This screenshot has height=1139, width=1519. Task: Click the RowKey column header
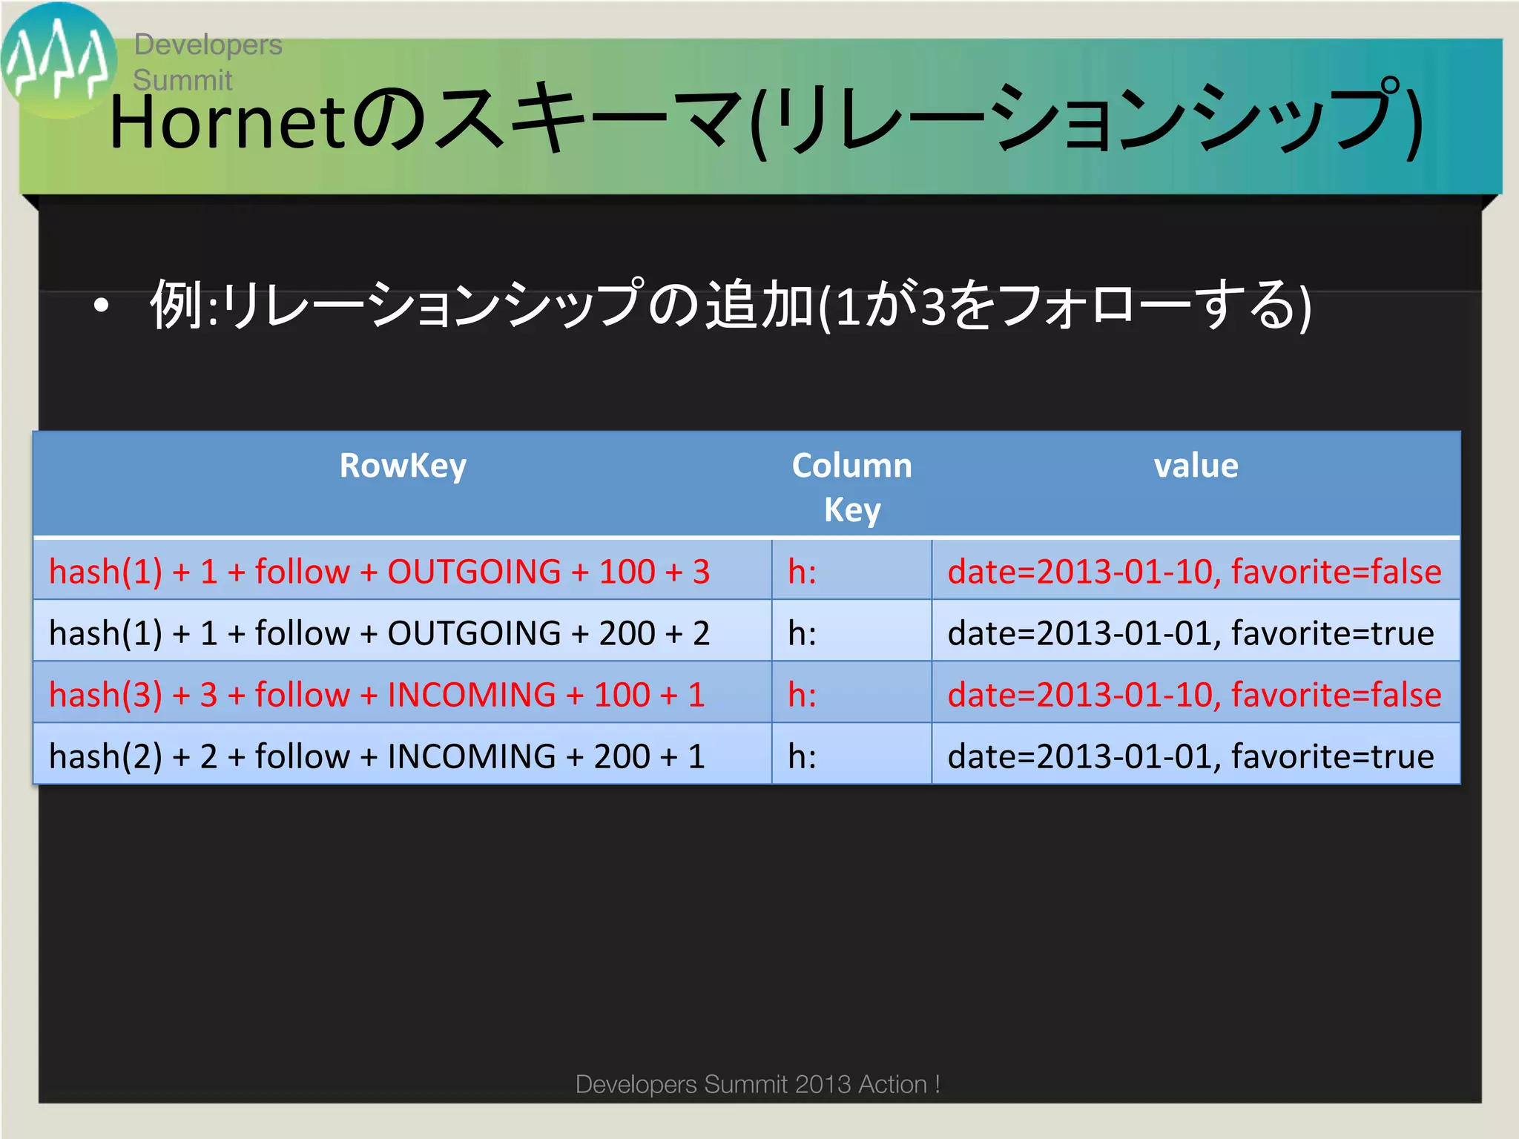coord(403,466)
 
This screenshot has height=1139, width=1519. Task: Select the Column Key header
coord(851,487)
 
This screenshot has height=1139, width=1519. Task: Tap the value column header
coord(1196,466)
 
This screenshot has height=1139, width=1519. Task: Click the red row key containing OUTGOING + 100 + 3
coord(379,572)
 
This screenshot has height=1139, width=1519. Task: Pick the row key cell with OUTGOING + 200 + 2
coord(379,633)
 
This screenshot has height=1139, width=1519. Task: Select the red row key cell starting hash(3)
coord(377,695)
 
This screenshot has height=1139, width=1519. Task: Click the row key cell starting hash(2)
coord(377,756)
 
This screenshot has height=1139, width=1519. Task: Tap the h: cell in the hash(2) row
coord(803,756)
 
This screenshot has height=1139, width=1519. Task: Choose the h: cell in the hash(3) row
coord(803,695)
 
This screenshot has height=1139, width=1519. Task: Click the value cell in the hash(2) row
coord(1190,756)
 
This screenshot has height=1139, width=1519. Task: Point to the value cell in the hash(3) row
coord(1194,695)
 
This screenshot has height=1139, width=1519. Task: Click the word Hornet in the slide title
coord(227,122)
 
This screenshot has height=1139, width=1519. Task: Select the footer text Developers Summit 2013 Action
coord(757,1084)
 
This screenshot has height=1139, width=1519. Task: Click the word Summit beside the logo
coord(182,80)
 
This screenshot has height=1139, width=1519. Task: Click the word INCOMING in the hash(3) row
coord(472,695)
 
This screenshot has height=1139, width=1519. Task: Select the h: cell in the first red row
coord(803,572)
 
